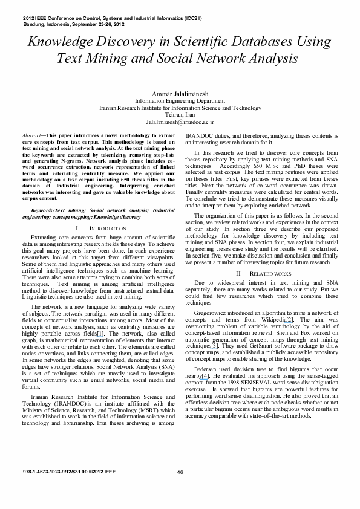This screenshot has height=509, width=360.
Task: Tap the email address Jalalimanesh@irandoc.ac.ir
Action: point(180,122)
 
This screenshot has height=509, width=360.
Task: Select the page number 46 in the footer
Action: point(180,473)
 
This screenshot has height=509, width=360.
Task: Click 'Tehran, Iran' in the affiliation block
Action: point(180,114)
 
